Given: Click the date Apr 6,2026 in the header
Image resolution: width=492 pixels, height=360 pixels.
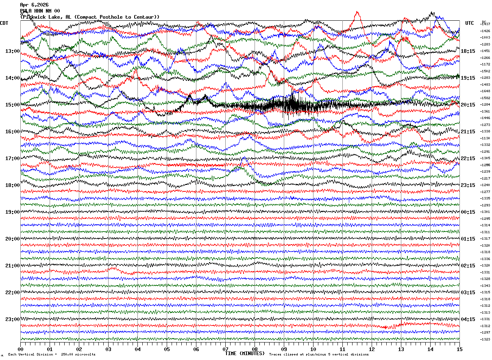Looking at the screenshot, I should [x=34, y=5].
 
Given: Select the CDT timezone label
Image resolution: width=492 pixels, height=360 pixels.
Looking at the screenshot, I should [x=4, y=23].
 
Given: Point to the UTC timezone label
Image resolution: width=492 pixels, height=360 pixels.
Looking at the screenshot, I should [x=470, y=23].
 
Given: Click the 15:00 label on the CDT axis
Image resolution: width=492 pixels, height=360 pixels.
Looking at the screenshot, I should [x=13, y=105].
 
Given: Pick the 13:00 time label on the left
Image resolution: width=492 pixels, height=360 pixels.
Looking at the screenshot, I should [x=13, y=51].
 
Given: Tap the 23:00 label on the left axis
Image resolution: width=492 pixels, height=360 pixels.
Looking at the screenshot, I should [x=13, y=319].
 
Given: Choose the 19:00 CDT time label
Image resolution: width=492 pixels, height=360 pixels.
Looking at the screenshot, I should [x=13, y=212].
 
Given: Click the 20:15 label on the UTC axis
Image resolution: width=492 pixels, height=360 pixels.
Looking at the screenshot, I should [x=468, y=105].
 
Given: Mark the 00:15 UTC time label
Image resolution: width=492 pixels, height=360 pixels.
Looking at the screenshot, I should [x=468, y=212].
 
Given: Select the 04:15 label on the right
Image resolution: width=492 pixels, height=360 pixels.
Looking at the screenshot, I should [x=468, y=319].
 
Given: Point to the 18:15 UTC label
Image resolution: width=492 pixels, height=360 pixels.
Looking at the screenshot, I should [x=468, y=51].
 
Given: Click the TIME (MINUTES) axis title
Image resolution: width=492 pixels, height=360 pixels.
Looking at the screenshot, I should [x=245, y=353].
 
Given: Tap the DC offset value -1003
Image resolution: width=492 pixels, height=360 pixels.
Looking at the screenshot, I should [x=485, y=37].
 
